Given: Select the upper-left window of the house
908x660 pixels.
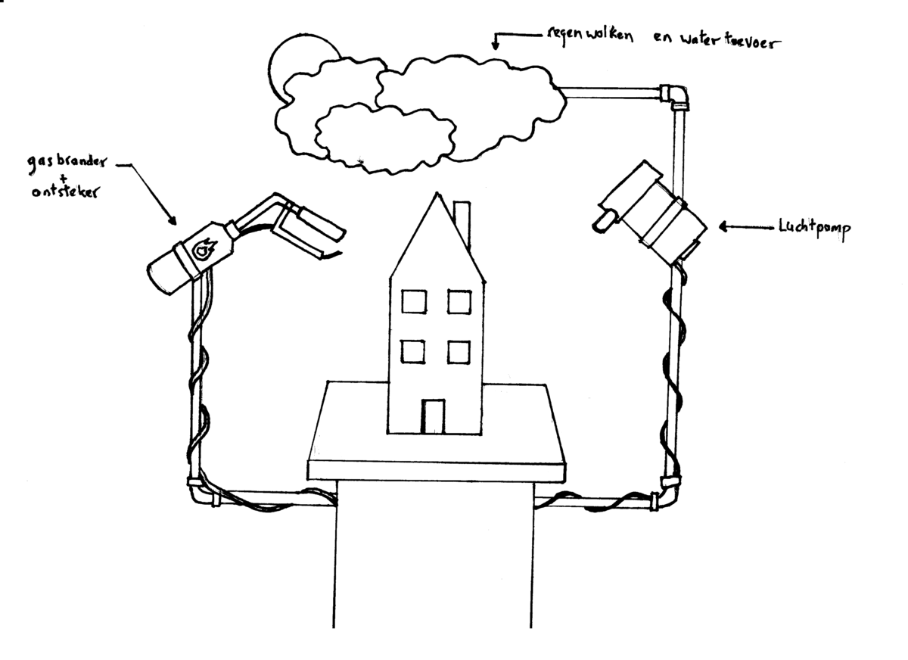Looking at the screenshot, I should tap(413, 303).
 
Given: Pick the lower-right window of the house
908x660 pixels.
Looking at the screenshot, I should tap(459, 353).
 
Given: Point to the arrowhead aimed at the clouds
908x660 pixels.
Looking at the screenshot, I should tap(496, 45).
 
